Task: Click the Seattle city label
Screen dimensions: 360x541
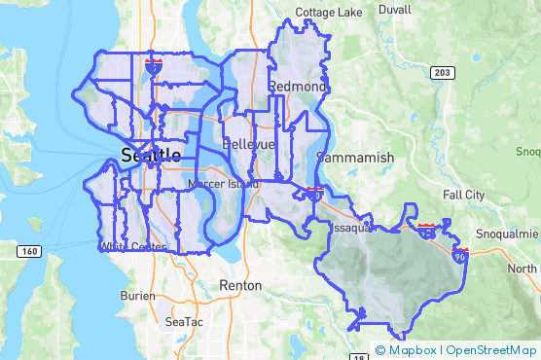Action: pyautogui.click(x=151, y=156)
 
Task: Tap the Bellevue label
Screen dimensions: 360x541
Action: pyautogui.click(x=249, y=144)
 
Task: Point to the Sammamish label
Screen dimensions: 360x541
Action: pyautogui.click(x=362, y=157)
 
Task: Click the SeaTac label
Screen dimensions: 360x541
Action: pyautogui.click(x=184, y=321)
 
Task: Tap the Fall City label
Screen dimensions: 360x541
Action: pyautogui.click(x=463, y=195)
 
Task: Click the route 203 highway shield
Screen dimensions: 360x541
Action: pyautogui.click(x=443, y=73)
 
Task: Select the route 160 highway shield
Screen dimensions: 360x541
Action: pyautogui.click(x=27, y=252)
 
